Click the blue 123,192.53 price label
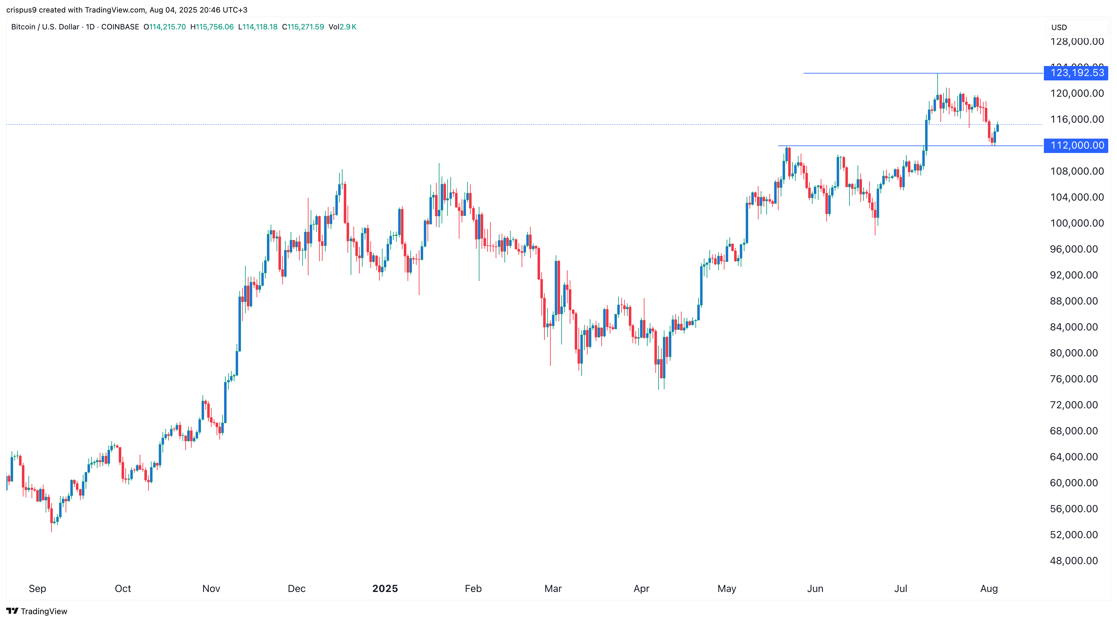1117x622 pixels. (x=1077, y=73)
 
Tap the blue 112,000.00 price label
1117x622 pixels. (x=1077, y=145)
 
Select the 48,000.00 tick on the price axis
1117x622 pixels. (x=1074, y=561)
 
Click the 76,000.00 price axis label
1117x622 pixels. (x=1074, y=379)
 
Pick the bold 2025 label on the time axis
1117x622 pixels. (x=385, y=589)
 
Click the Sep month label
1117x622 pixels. (x=37, y=589)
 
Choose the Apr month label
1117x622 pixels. (x=641, y=589)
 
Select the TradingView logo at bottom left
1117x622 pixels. (x=37, y=611)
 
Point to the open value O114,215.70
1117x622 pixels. (x=165, y=27)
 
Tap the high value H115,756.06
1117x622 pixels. (x=212, y=27)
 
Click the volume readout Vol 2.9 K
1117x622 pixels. (x=343, y=27)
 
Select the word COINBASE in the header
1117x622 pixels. (x=120, y=27)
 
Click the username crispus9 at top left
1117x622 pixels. (x=21, y=10)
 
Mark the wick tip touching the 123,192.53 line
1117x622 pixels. (x=938, y=74)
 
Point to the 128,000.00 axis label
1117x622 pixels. (x=1077, y=42)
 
